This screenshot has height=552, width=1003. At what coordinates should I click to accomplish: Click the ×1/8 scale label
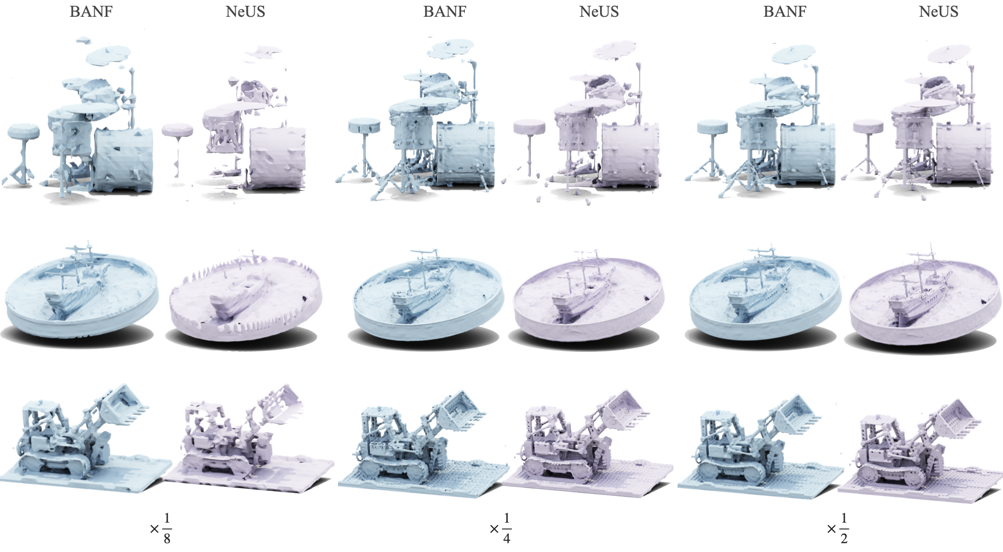click(x=161, y=528)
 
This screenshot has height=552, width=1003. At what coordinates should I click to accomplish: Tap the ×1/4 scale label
click(x=500, y=528)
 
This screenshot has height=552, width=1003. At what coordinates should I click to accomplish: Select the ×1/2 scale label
click(x=838, y=528)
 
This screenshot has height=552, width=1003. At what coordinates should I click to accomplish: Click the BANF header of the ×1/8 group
click(x=91, y=12)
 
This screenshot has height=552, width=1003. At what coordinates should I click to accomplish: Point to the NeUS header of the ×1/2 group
click(x=939, y=12)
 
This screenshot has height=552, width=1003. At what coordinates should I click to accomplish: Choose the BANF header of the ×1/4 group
click(x=445, y=12)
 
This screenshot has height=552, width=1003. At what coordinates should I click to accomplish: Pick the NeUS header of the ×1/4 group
click(x=599, y=12)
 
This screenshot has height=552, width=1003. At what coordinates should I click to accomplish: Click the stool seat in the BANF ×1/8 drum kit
click(x=24, y=131)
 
